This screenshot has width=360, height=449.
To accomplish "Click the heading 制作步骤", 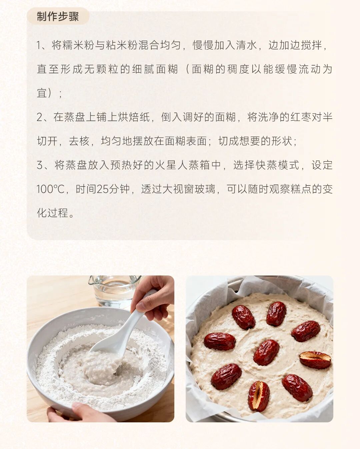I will click(58, 16).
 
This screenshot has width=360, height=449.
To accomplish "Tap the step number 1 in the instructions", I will click(39, 45).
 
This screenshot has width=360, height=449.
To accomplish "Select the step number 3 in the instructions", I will click(40, 165).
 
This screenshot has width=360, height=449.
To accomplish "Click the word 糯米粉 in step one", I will click(73, 45).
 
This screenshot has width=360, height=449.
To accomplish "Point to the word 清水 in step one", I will click(246, 45).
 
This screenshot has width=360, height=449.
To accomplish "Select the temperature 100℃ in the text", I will click(50, 189).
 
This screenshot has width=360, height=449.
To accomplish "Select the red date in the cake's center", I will click(266, 352).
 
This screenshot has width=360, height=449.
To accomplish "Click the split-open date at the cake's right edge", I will click(315, 360).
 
